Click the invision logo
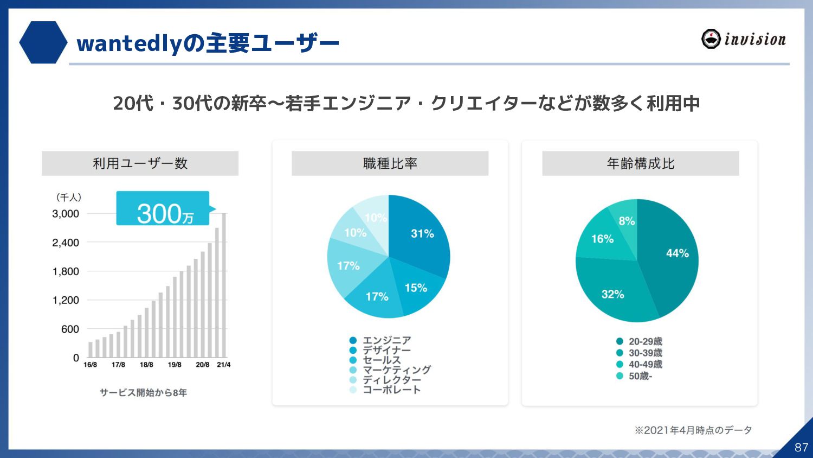point(743,39)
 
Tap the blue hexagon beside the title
point(43,42)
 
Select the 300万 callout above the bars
point(163,208)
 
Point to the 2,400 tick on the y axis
point(66,243)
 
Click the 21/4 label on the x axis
point(223,365)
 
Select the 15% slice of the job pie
point(416,289)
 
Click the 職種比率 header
point(390,163)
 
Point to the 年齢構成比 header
point(640,163)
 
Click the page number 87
point(801,447)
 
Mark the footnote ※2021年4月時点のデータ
point(693,430)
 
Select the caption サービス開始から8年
point(143,392)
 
